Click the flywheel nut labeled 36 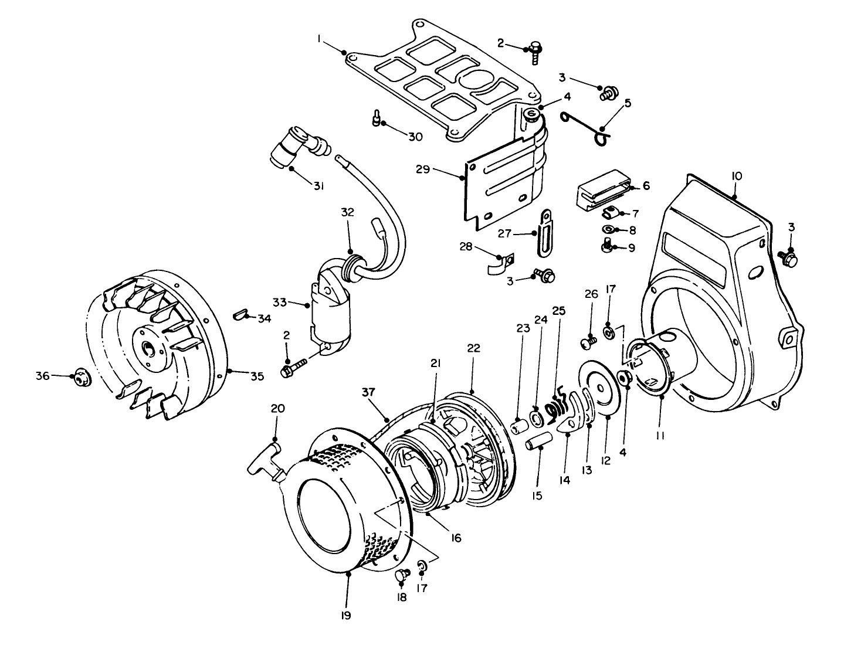[x=80, y=379]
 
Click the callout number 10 [x=737, y=176]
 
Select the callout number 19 [x=345, y=615]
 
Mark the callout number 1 [x=320, y=38]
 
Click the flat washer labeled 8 [x=608, y=229]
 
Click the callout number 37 [x=370, y=391]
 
